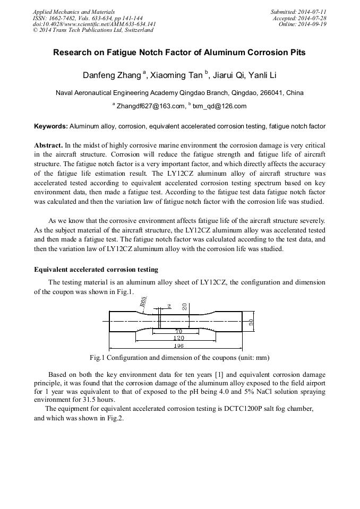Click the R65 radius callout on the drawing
(144, 303)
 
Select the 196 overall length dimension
(178, 346)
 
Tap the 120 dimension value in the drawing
(179, 338)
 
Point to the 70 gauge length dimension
(179, 331)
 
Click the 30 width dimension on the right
(251, 322)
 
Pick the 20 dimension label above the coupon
(184, 306)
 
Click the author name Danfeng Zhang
(112, 75)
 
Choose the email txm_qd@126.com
(219, 106)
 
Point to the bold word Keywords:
(51, 126)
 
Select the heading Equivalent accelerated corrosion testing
(96, 270)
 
